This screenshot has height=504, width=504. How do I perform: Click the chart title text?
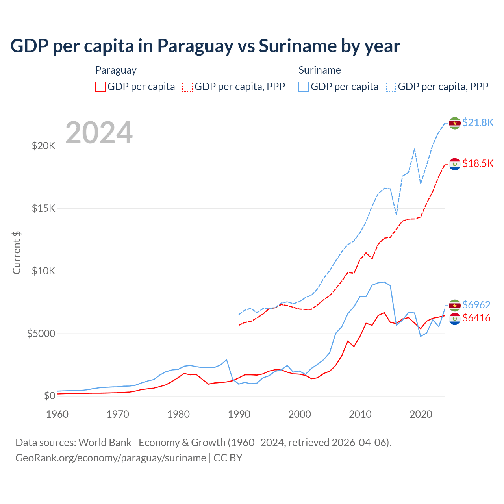coord(205,46)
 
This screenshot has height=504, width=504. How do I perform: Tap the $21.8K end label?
coord(478,122)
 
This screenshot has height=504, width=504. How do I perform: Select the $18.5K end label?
coord(478,163)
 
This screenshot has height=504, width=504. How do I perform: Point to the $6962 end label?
coord(476,305)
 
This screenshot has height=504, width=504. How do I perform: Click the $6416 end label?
coord(476,318)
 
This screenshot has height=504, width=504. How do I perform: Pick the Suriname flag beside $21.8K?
coord(455,123)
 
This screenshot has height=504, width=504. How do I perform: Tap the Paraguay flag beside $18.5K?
coord(455,164)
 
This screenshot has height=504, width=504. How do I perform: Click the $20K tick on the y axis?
coord(43,146)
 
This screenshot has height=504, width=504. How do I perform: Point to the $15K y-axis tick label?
coord(43,208)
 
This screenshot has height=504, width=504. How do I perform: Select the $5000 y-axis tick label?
coord(41,334)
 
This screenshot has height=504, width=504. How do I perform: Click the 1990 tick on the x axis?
coord(239,414)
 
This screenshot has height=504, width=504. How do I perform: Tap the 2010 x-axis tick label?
coord(360,414)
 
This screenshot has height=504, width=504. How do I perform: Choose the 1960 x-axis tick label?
coord(57,414)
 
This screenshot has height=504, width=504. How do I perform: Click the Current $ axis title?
coord(17,252)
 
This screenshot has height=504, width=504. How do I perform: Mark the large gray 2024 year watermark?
coord(99,133)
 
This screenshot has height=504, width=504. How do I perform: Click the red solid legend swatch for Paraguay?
coord(100,87)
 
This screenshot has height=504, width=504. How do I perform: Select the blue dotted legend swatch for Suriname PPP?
coord(391,87)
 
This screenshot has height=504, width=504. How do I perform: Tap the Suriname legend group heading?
coord(319,70)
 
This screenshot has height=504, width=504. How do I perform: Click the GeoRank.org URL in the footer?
coord(111,458)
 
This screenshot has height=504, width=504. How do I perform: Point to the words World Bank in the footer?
coord(105,443)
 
